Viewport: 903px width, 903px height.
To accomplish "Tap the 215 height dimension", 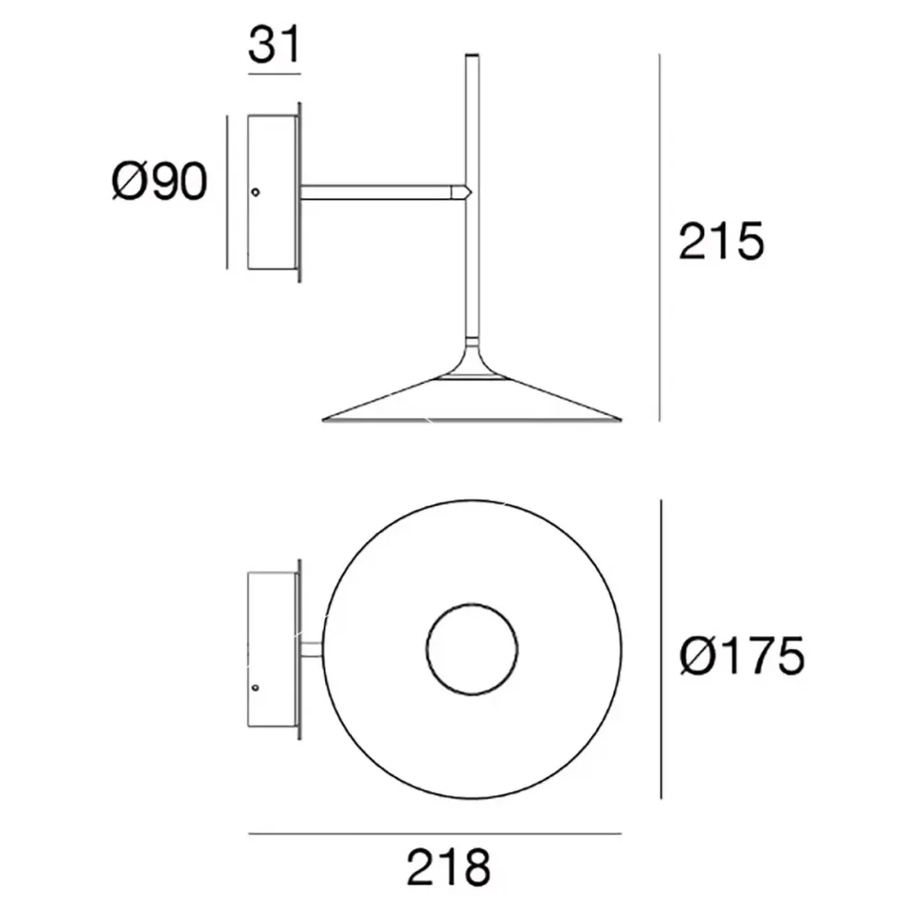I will tap(721, 241).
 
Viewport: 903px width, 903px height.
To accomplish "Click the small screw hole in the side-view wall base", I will tap(256, 191).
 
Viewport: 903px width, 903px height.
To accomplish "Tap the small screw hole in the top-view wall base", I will tap(256, 687).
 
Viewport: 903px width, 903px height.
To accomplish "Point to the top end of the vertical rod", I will tap(470, 59).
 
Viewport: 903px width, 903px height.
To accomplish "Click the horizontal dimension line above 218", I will tap(434, 833).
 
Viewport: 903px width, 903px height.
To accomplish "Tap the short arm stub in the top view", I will tap(310, 649).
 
